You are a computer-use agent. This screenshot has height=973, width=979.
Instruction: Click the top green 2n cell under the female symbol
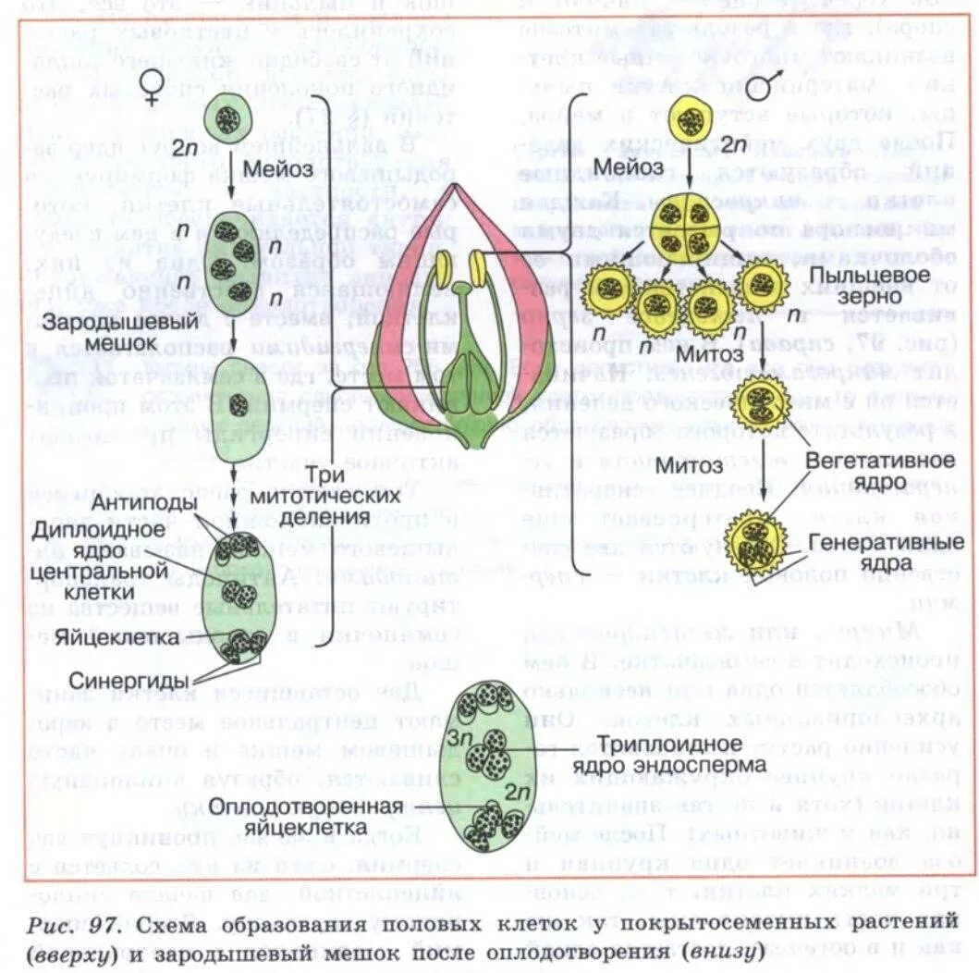coord(227,118)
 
